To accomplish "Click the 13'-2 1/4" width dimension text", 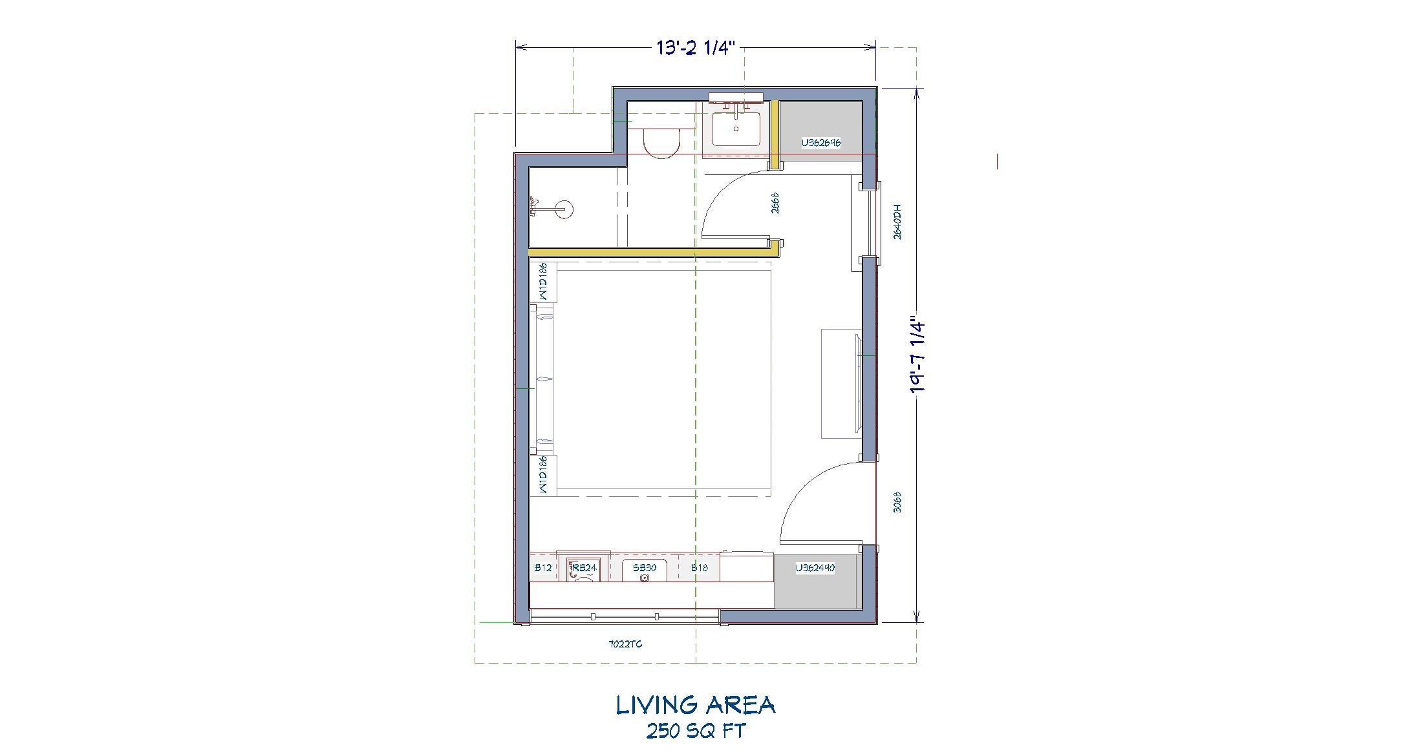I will pos(696,48).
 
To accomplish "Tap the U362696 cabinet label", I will pos(820,143).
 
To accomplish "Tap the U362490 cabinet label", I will pos(815,568).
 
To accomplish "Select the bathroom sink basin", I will pos(736,130).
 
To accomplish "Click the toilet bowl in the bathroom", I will pos(662,143).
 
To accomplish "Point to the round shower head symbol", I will pos(564,209).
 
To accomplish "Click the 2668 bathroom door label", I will pos(775,202).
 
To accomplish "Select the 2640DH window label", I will pos(897,223).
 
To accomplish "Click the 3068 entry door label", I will pos(897,502).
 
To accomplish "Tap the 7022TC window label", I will pos(625,644).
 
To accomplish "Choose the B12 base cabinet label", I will pos(543,568).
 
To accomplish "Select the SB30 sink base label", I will pos(644,567).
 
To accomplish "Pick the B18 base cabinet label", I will pos(699,567).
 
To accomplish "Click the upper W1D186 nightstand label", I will pos(543,281).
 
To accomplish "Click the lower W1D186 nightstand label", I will pos(543,475).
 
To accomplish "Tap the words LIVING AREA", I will pos(695,706).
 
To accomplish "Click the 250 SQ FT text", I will pos(696,731).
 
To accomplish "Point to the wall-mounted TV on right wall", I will pos(857,383).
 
